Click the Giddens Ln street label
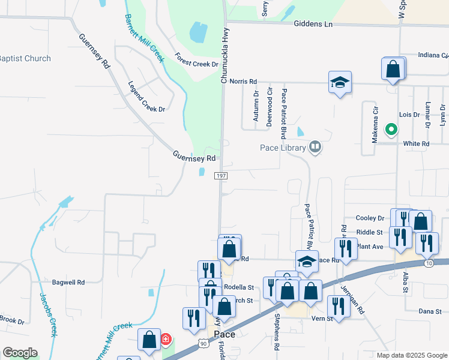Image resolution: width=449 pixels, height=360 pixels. (313, 24)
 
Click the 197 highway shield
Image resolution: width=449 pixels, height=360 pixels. (221, 175)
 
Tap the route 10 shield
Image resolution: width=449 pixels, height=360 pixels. (428, 263)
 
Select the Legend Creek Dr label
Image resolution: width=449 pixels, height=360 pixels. (146, 97)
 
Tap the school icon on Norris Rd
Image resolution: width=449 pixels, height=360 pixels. (340, 83)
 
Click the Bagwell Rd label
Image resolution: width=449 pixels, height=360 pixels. (68, 281)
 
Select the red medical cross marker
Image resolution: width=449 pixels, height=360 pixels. (166, 340)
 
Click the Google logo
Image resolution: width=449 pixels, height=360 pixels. (20, 353)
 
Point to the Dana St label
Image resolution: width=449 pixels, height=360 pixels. (430, 311)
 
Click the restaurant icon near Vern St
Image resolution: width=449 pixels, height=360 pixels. (339, 306)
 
